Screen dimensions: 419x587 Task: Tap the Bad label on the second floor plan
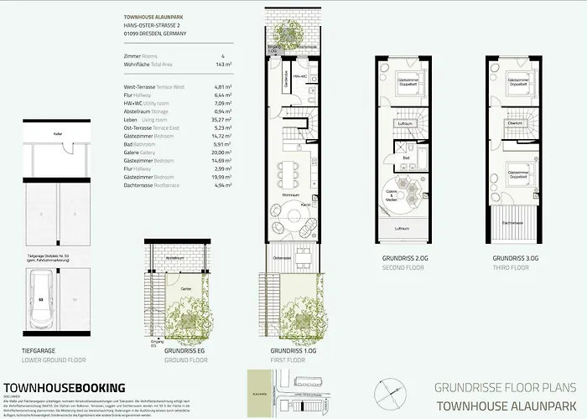404,157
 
